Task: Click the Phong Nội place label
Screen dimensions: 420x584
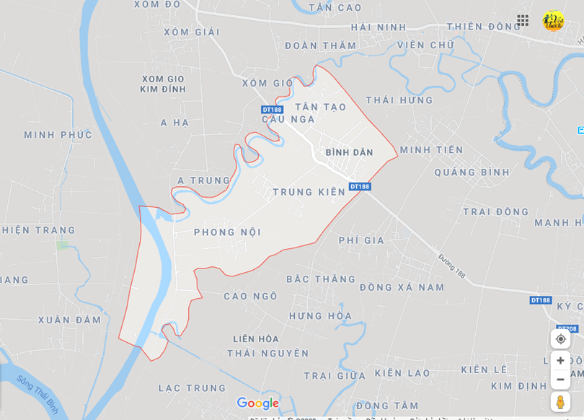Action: (x=227, y=232)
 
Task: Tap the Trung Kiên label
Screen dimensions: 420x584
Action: (x=309, y=192)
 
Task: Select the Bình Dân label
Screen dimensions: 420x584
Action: (x=349, y=152)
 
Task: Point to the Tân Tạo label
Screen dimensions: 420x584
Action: (x=321, y=107)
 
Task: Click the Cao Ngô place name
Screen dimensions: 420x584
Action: (x=250, y=296)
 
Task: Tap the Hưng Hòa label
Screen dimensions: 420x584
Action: (x=320, y=316)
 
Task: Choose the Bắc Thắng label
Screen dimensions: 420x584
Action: (x=321, y=279)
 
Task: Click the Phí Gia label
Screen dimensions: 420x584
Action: (x=361, y=240)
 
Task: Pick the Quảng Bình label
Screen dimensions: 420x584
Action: (x=472, y=172)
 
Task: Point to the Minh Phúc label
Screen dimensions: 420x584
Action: (x=58, y=135)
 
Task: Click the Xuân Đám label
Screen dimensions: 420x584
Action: (x=69, y=320)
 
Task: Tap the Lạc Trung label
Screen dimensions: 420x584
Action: (x=193, y=388)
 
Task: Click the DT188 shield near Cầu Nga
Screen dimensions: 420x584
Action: (x=272, y=110)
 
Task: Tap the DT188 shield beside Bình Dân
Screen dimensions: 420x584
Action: (x=360, y=186)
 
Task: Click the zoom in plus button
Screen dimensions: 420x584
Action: (x=560, y=360)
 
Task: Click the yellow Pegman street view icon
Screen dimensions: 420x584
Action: (x=560, y=402)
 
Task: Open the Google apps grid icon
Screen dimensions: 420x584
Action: (x=523, y=20)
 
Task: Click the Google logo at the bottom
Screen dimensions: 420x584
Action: (x=257, y=403)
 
